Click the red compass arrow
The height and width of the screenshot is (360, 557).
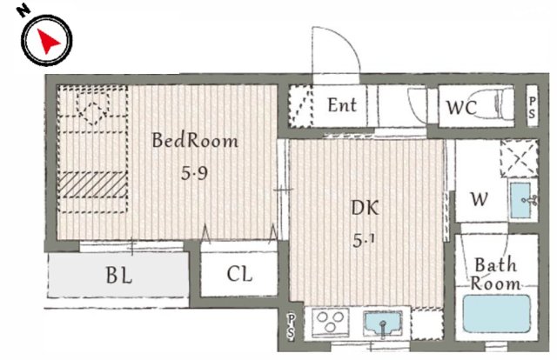click(x=48, y=41)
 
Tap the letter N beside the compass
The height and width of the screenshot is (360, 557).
click(x=23, y=10)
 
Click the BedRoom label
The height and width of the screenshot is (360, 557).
click(x=195, y=140)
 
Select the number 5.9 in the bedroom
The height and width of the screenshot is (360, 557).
click(x=194, y=173)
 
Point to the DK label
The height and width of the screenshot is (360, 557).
click(x=365, y=208)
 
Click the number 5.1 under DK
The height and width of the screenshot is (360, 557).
click(x=364, y=241)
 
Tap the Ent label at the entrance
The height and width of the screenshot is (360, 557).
click(x=342, y=105)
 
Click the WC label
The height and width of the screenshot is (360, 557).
click(x=461, y=108)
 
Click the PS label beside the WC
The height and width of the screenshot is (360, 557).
click(x=532, y=108)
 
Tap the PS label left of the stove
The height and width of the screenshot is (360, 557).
click(x=291, y=326)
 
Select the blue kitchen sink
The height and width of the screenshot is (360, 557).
click(x=383, y=323)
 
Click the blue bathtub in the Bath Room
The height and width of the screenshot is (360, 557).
click(x=497, y=314)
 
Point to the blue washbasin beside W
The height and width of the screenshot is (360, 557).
click(x=520, y=201)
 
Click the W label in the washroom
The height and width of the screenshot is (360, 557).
click(x=479, y=199)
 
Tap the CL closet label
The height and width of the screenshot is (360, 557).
click(x=239, y=274)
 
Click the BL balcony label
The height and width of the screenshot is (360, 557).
click(x=119, y=275)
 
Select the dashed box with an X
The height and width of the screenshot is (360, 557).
click(x=519, y=159)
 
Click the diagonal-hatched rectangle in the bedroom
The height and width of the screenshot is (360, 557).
click(x=93, y=184)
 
